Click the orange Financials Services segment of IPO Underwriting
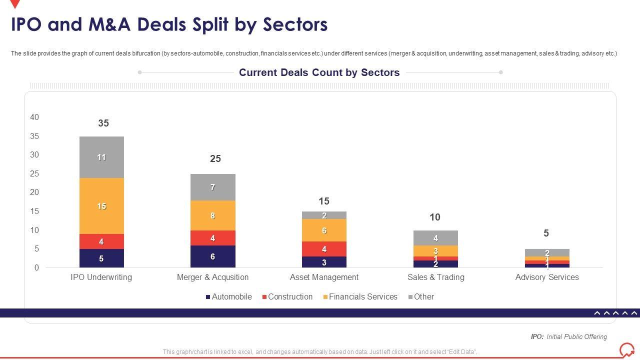[x=101, y=206]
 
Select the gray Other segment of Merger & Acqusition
[x=212, y=187]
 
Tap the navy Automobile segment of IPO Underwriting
[x=101, y=258]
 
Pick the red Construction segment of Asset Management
[x=324, y=249]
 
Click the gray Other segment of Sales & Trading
[x=435, y=238]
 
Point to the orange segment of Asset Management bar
[x=324, y=230]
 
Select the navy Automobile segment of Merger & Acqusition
[x=212, y=256]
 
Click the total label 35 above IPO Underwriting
[x=103, y=123]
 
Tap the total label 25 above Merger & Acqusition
[x=215, y=158]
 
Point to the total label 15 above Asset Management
[x=324, y=201]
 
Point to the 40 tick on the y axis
[x=34, y=117]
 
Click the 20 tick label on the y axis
[x=34, y=192]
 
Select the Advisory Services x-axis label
[x=547, y=277]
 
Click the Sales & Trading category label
[x=435, y=277]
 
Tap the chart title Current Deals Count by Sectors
[x=319, y=72]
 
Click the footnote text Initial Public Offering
[x=576, y=336]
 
